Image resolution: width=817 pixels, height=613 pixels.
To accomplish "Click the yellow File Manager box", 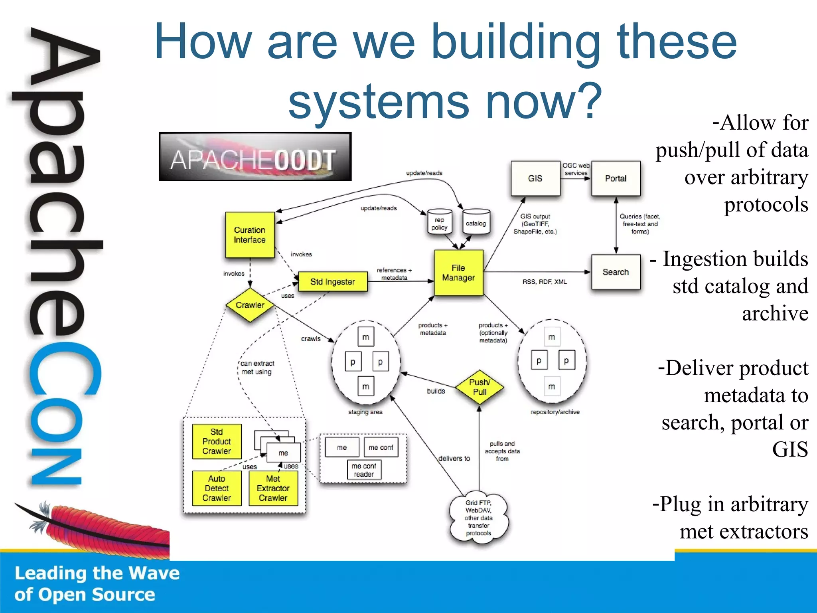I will click(458, 273).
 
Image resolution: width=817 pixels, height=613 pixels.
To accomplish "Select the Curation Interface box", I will click(250, 235).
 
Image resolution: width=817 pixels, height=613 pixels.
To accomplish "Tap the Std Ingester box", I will click(333, 282).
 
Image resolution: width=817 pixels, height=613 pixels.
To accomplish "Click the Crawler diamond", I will click(250, 305).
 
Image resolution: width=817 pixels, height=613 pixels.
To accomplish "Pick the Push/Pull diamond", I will click(480, 387).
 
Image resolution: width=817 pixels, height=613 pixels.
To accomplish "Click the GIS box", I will click(535, 178).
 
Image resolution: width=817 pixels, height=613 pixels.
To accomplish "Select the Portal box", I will click(616, 178).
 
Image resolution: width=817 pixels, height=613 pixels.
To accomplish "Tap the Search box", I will click(616, 272).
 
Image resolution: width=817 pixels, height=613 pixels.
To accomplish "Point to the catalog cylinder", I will click(476, 222).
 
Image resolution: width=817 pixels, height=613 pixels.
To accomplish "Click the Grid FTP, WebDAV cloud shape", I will click(479, 518).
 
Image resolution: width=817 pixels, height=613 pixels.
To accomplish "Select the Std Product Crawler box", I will click(217, 441).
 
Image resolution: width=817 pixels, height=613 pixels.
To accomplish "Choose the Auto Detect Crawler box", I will click(217, 488).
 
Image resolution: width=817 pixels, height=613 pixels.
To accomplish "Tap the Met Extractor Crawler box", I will click(273, 488).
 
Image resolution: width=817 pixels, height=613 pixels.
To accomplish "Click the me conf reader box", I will click(364, 470).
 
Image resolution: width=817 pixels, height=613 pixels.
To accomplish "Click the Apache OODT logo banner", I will click(255, 157).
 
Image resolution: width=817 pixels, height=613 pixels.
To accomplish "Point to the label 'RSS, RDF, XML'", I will click(545, 282).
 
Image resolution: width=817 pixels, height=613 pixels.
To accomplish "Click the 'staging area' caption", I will click(365, 412).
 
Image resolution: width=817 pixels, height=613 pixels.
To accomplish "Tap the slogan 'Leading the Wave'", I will click(97, 573).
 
